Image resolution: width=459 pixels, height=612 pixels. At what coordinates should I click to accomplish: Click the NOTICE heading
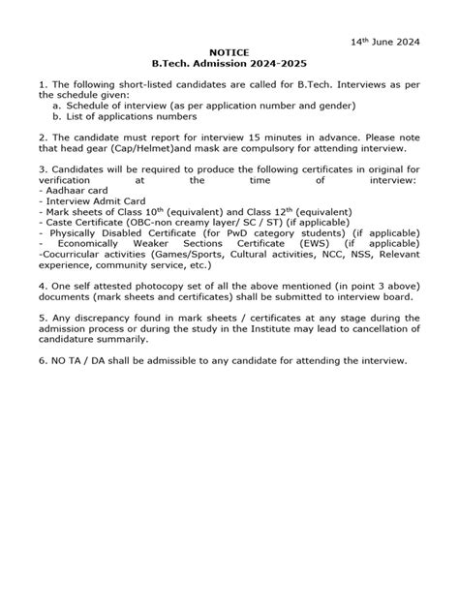[229, 55]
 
